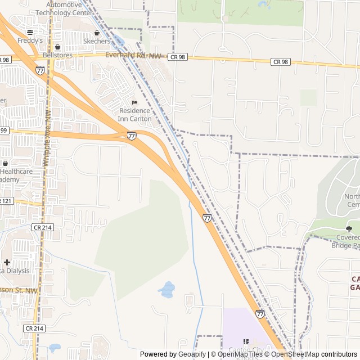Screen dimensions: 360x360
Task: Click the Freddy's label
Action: tap(30, 41)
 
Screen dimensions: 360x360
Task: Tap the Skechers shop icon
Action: tap(97, 33)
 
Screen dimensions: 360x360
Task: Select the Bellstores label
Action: tap(62, 55)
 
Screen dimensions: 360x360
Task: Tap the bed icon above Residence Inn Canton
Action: tap(134, 102)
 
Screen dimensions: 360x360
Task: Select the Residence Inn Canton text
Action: tap(134, 115)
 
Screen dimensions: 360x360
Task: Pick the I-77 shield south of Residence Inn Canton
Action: tap(131, 136)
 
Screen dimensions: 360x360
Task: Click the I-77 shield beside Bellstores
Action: tap(40, 71)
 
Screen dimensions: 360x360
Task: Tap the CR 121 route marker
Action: tap(6, 201)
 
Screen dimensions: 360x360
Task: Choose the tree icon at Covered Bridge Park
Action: tap(349, 229)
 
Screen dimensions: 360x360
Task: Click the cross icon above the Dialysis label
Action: tap(7, 262)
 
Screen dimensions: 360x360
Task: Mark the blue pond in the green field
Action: tap(166, 290)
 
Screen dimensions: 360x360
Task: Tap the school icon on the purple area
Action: tap(245, 341)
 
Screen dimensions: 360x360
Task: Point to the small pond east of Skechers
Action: tap(118, 40)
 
